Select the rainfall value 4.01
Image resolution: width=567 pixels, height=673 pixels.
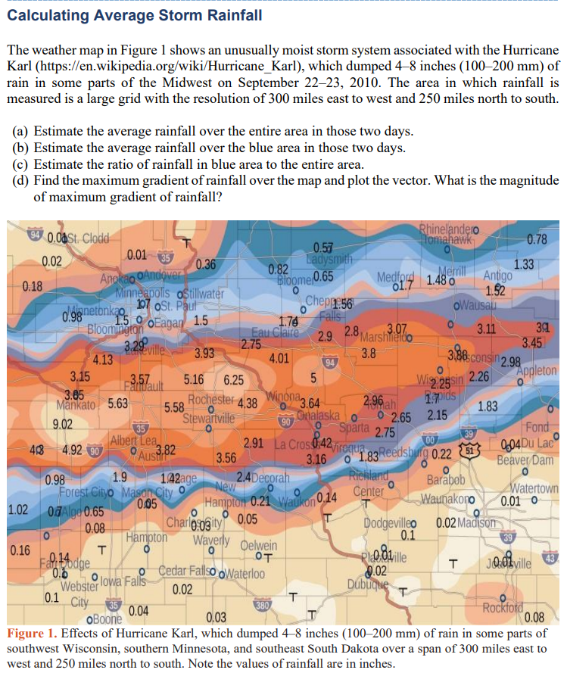coord(281,357)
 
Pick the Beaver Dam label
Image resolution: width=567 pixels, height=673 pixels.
coord(527,460)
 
